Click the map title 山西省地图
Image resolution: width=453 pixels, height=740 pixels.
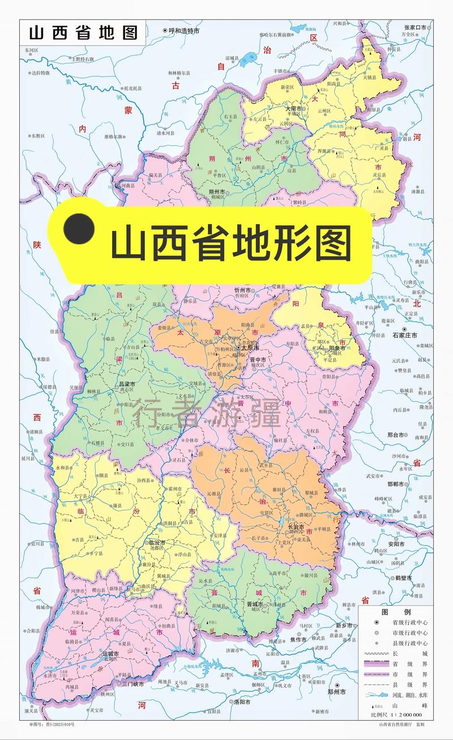(83, 32)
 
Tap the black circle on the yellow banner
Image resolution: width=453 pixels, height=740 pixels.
(78, 229)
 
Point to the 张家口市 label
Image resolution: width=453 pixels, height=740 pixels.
(418, 27)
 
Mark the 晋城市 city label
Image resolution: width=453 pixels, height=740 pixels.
(256, 604)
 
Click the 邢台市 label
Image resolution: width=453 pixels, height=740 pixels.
(395, 435)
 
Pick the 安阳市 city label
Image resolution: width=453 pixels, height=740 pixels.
(396, 544)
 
